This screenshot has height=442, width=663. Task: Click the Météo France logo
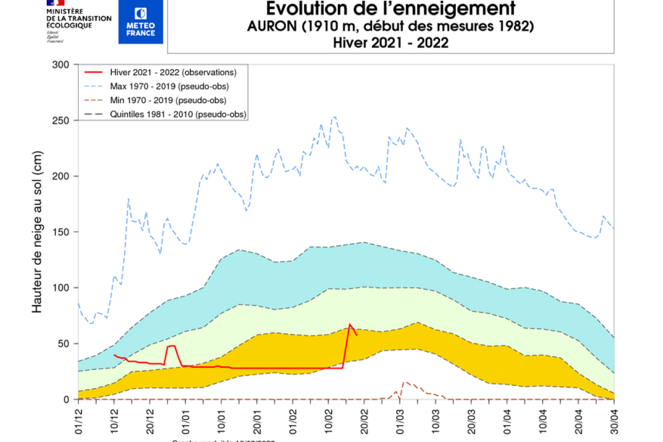[141, 22]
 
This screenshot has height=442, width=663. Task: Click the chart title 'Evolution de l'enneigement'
[390, 9]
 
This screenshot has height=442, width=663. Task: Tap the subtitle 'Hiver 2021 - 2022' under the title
[390, 43]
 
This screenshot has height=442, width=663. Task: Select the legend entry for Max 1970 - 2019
[169, 86]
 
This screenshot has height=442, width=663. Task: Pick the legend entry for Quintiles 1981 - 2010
[178, 114]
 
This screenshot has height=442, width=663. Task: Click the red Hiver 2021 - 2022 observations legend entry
[173, 72]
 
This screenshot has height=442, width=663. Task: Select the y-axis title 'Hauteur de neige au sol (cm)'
[37, 232]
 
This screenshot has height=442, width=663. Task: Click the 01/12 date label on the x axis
[78, 419]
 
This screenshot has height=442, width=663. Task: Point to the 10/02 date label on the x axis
[329, 419]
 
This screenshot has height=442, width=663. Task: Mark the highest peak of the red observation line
[350, 324]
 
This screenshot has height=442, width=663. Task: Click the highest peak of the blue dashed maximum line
[335, 116]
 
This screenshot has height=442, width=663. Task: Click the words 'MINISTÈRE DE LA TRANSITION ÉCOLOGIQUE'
[79, 18]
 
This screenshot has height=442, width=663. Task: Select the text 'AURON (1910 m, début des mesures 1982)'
[390, 26]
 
